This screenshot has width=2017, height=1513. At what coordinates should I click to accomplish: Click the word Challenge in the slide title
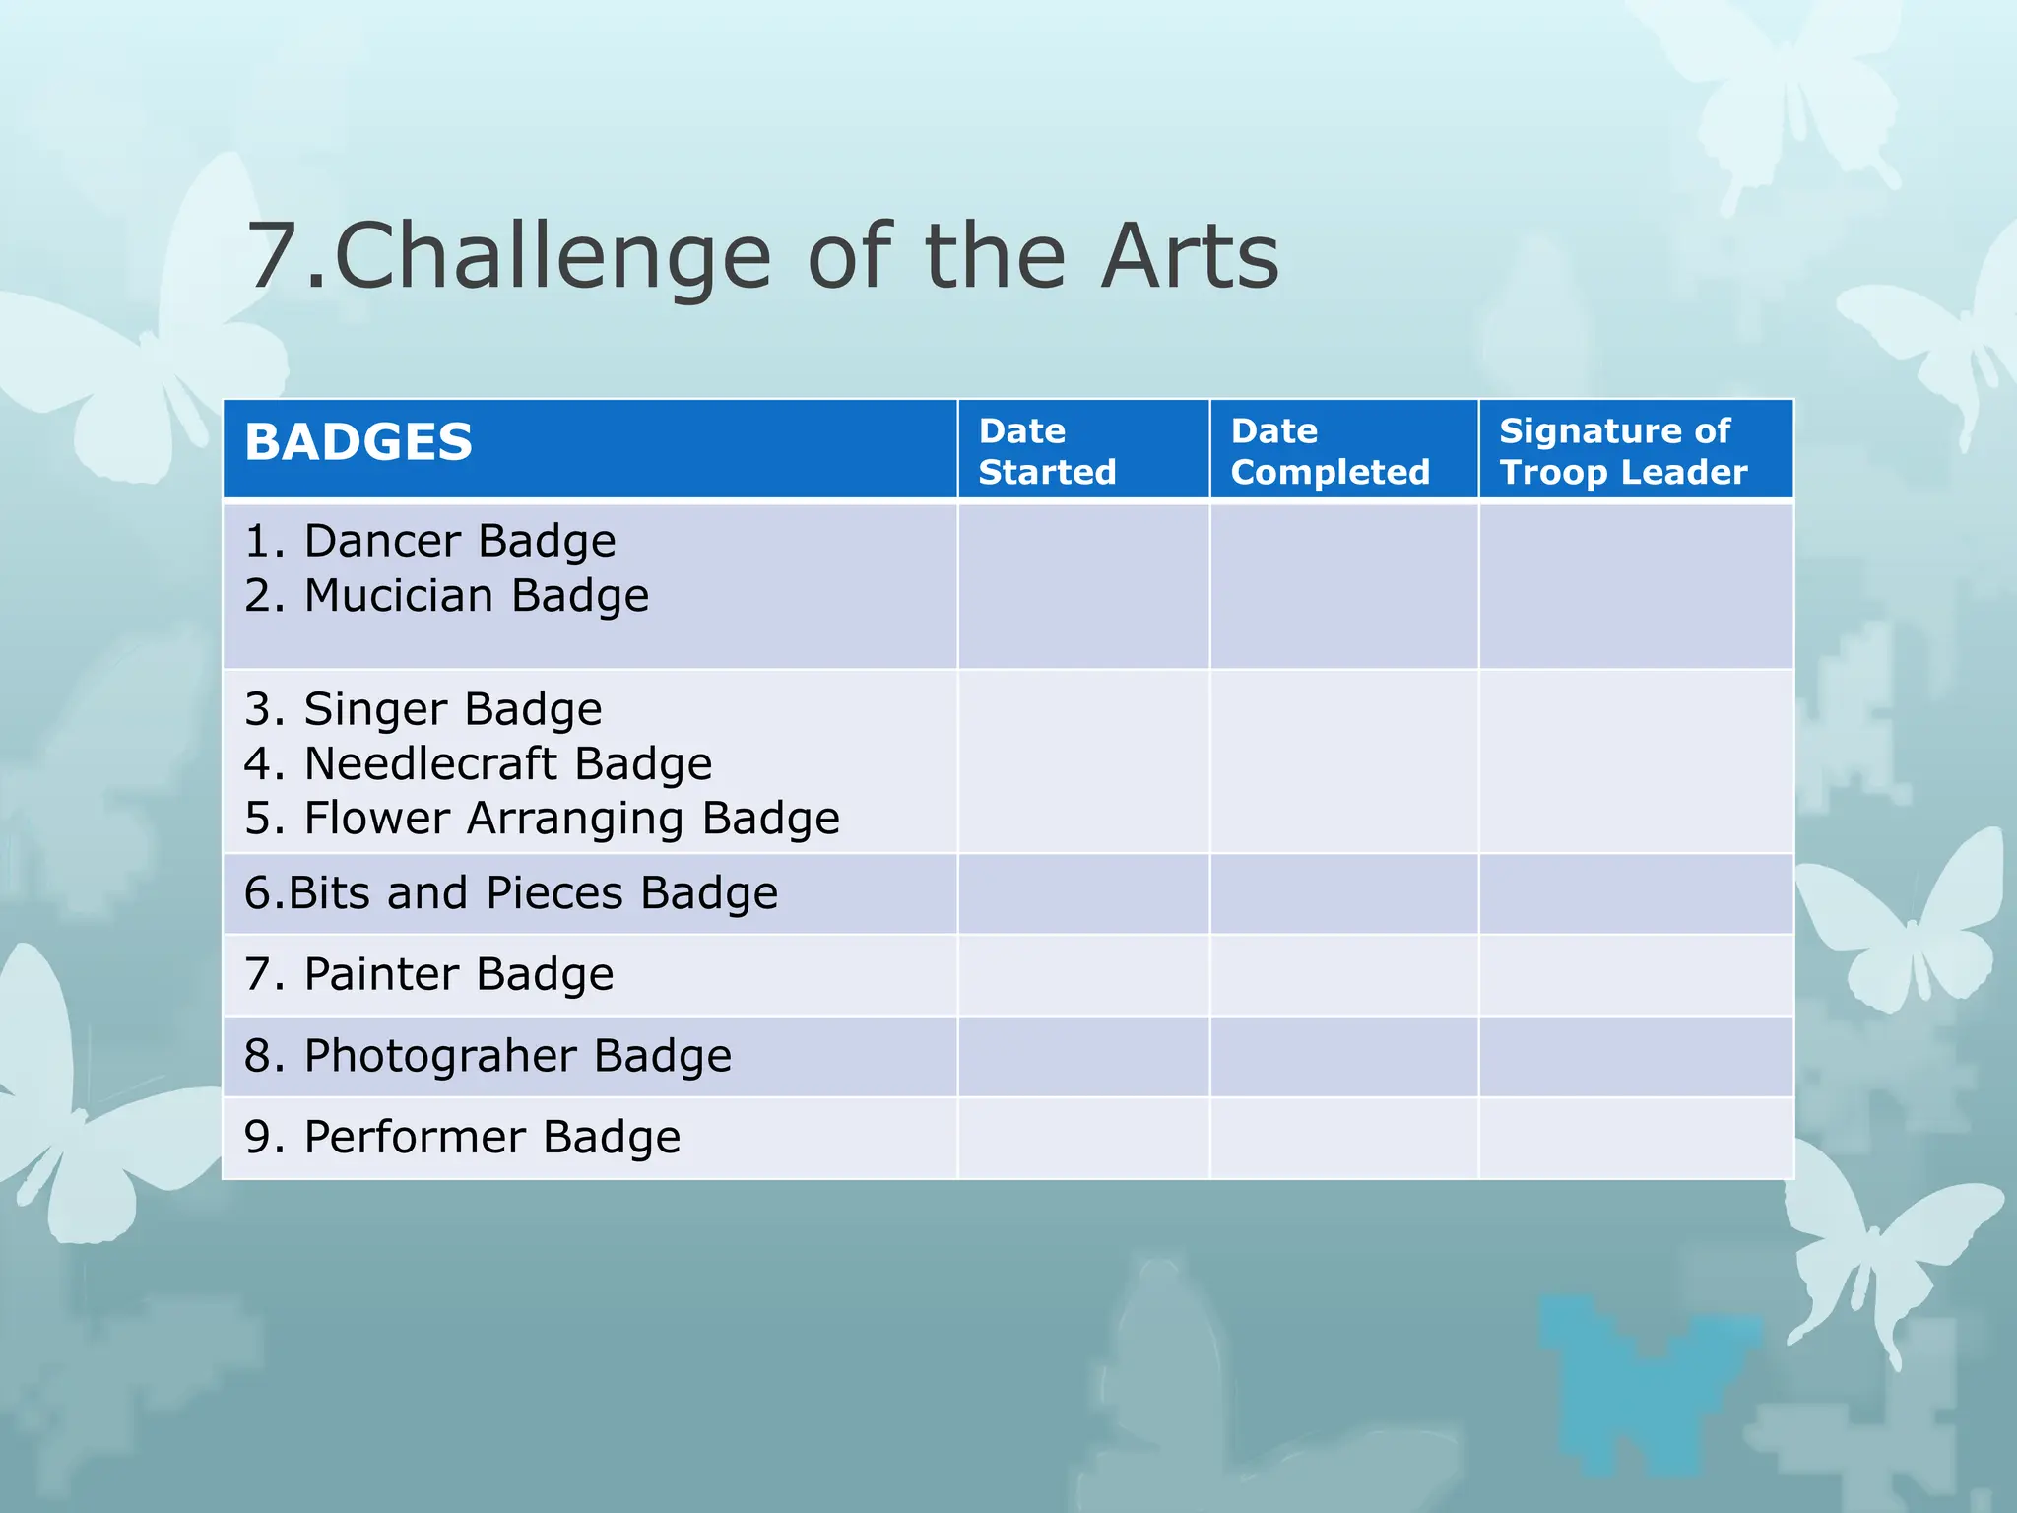552,258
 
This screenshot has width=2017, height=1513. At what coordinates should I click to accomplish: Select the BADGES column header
358,442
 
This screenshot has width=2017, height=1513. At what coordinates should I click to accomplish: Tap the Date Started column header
1047,451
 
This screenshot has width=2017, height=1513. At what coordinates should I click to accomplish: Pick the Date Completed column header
1329,451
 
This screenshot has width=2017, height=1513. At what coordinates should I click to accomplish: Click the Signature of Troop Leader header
1622,451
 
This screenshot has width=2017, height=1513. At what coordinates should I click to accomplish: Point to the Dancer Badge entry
430,541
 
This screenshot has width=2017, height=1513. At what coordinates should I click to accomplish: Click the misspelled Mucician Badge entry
446,596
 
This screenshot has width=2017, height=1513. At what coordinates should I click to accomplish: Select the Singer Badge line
423,709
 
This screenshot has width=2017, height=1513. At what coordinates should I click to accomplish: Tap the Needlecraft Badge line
478,764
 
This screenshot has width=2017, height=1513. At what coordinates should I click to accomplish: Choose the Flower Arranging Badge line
542,819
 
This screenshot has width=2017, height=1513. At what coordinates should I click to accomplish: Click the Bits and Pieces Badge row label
510,893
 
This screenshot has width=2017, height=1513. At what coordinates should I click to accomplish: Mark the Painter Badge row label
429,974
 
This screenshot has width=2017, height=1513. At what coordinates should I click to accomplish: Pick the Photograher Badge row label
488,1056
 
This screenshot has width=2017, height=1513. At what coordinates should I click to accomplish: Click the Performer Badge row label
462,1138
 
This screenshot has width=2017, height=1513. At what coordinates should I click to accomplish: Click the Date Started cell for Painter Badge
1082,975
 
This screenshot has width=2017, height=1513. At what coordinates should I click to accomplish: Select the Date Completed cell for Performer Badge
1343,1139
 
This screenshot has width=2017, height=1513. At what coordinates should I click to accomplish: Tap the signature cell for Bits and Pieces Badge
1635,894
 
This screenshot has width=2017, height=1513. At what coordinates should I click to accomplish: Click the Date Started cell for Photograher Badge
1082,1057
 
